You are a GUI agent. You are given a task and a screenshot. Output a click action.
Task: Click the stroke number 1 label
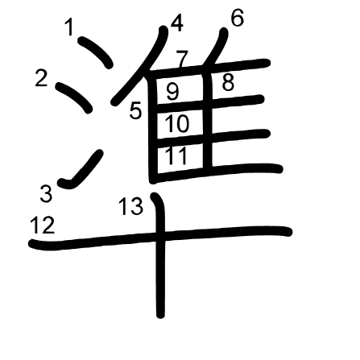point(70,27)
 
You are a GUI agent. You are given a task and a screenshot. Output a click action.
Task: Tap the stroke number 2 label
point(42,78)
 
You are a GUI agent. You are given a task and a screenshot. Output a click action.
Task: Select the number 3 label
point(46,194)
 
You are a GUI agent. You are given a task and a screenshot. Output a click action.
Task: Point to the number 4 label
point(177,23)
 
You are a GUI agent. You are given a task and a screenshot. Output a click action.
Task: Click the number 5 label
point(135,110)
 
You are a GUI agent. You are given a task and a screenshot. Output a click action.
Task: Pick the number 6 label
point(238,18)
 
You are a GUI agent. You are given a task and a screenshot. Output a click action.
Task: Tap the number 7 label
point(181,59)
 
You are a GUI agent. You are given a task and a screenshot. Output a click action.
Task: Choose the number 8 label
point(228,82)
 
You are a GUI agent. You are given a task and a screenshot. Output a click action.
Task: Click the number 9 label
point(172,92)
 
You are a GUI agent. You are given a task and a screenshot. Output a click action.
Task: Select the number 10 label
point(177,123)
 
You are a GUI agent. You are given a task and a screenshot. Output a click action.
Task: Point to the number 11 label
point(176,155)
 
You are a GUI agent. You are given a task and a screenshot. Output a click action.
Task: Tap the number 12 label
point(43,225)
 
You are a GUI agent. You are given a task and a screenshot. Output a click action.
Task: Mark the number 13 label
point(130,206)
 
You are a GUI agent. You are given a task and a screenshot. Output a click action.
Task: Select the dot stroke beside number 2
point(74,97)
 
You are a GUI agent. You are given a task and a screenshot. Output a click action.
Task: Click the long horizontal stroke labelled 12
point(160,237)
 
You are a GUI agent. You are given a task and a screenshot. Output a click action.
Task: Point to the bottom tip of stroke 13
point(160,316)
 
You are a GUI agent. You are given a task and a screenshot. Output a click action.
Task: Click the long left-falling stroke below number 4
point(140,65)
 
